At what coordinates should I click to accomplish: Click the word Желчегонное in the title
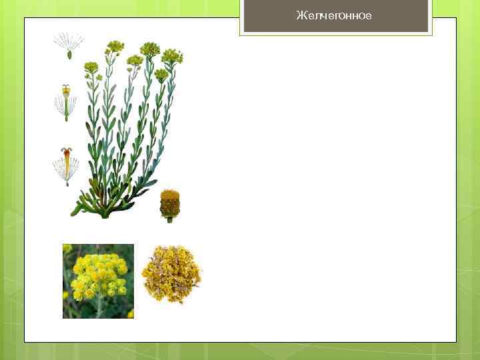coord(334,15)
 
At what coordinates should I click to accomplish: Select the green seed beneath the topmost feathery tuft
coord(69,55)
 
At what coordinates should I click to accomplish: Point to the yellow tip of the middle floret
coord(65,88)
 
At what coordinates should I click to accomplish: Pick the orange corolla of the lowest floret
coord(66,156)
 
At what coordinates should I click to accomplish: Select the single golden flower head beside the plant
coord(170,203)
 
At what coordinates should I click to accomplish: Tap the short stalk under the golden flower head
coord(170,219)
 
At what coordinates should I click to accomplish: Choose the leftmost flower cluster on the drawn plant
coord(91,67)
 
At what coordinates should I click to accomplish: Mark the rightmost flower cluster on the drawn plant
coord(172,56)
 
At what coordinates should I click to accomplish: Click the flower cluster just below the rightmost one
coord(161,73)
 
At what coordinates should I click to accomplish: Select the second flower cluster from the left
coord(115,47)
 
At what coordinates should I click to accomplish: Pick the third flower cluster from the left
coord(135,61)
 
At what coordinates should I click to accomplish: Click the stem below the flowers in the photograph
coord(99,307)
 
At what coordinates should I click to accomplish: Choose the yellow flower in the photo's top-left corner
coord(67,249)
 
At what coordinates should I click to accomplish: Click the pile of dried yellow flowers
coord(171,273)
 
